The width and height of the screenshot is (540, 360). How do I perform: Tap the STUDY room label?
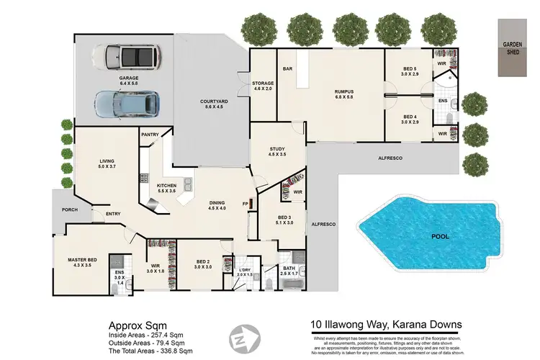pos(277,150)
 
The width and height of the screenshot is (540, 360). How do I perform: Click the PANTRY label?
pos(150,135)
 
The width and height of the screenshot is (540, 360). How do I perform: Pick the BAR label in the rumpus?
pos(287,69)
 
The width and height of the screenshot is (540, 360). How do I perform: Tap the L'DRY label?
pos(243,271)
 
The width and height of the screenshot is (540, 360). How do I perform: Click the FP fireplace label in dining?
pos(245,203)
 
